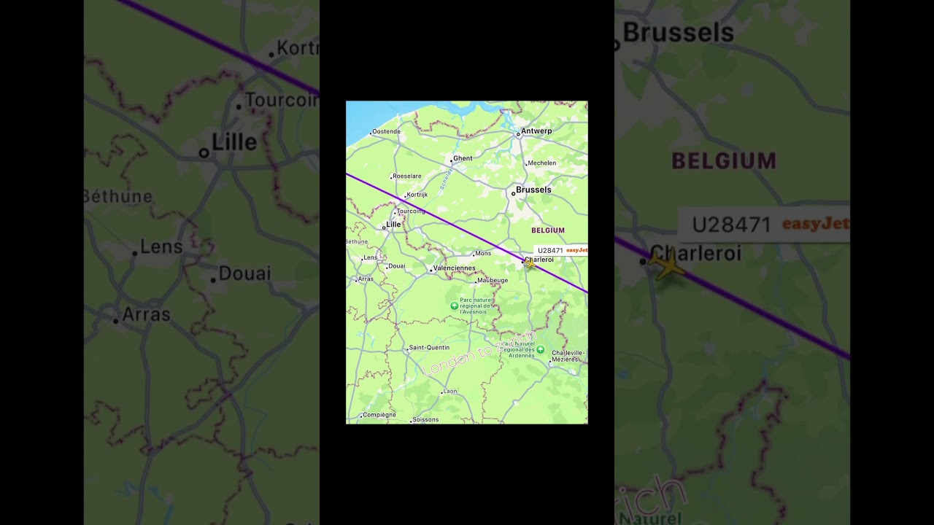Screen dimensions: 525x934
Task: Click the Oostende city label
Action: click(387, 132)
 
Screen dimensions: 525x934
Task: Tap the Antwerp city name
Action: click(537, 131)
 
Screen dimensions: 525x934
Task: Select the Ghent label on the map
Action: click(463, 158)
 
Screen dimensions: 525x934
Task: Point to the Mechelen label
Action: click(541, 163)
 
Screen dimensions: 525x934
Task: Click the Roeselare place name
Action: click(407, 176)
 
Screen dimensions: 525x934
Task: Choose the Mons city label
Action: click(483, 254)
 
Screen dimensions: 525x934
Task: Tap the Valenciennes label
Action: click(455, 268)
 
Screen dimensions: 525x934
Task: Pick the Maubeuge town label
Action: click(493, 281)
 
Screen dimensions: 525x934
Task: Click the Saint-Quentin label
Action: click(429, 348)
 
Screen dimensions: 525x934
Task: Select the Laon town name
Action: click(450, 392)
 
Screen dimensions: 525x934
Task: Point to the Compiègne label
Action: click(379, 415)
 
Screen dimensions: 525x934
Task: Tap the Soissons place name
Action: click(425, 420)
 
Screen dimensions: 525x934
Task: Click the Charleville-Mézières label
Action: click(568, 356)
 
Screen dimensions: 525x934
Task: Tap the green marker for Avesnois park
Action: click(455, 306)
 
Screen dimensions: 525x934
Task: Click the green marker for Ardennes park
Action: click(540, 350)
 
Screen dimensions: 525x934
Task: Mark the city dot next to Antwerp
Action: click(518, 134)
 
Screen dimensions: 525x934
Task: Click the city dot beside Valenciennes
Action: click(431, 269)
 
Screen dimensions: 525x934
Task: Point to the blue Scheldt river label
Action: click(446, 179)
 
